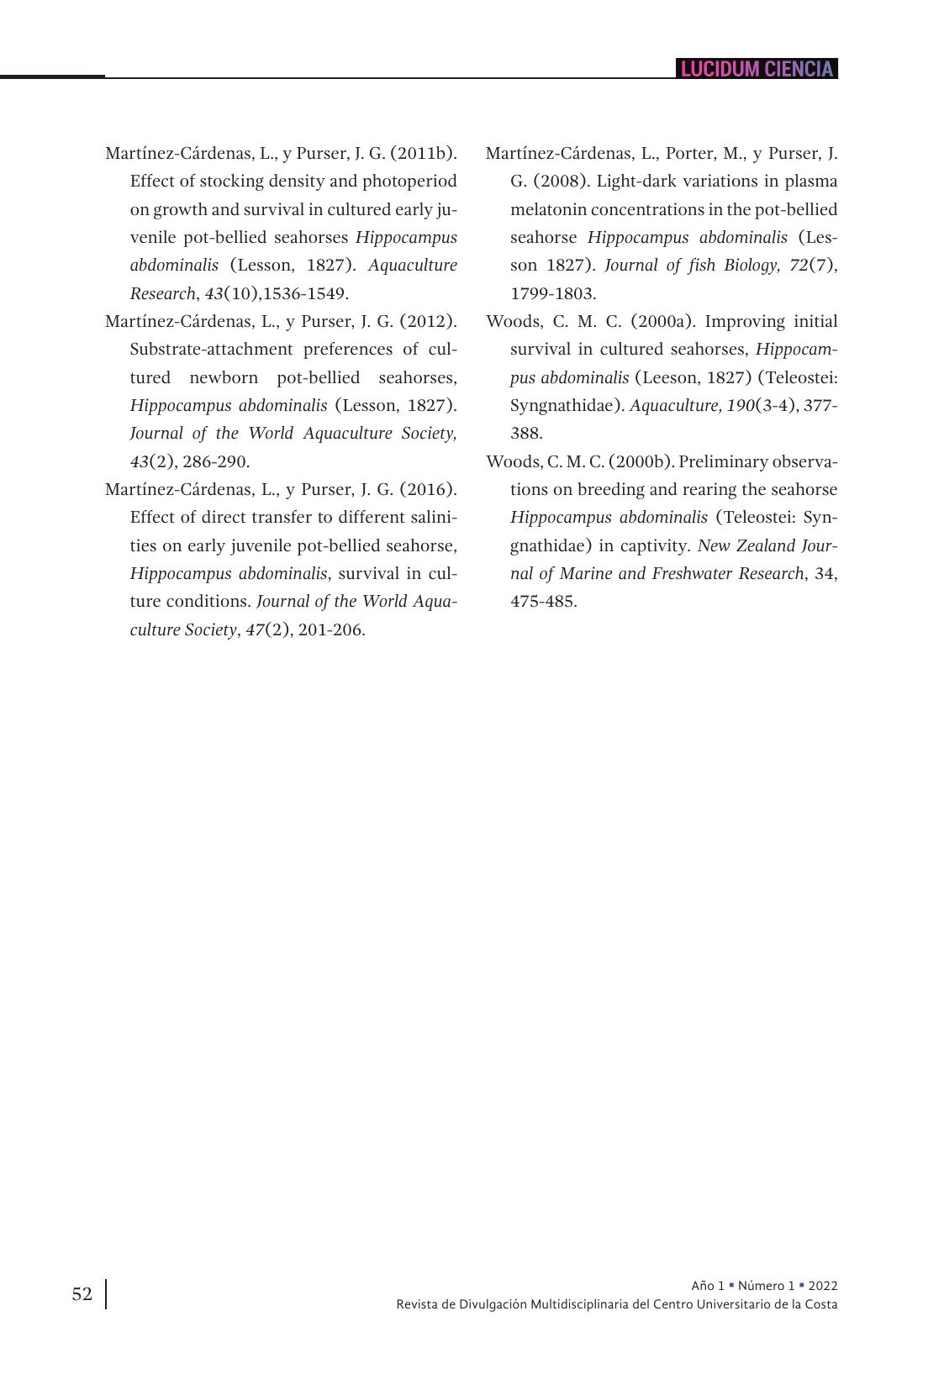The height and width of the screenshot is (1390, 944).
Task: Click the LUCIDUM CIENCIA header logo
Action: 757,69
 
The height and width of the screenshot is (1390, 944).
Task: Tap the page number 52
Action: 82,1294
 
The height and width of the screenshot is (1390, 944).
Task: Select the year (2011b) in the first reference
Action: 424,153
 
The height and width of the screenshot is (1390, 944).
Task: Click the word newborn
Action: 224,377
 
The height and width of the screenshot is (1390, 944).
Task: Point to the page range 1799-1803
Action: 552,293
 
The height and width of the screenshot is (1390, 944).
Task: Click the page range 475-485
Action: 543,601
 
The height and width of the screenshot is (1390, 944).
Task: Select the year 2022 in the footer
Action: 822,1286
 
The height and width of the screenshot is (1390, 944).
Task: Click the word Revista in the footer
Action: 418,1304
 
